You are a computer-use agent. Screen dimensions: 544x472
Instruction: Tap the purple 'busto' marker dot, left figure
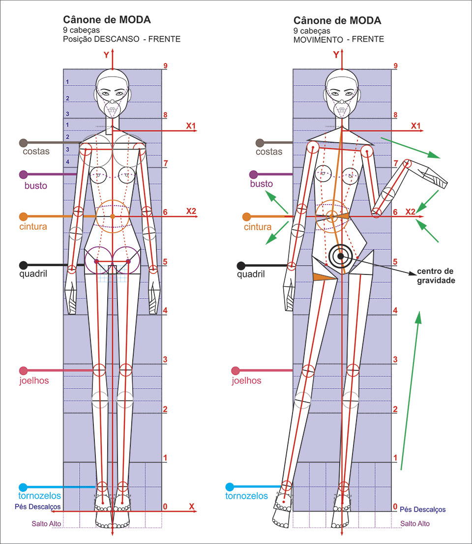pyautogui.click(x=23, y=175)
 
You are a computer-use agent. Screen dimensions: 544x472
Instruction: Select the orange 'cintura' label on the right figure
pyautogui.click(x=257, y=227)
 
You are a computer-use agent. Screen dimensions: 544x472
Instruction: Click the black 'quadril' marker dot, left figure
pyautogui.click(x=23, y=265)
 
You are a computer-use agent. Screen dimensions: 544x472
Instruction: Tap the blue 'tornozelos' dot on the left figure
pyautogui.click(x=23, y=487)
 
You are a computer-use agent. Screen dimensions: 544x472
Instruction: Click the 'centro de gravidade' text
pyautogui.click(x=436, y=276)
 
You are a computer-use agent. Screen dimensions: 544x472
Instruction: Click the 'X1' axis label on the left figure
pyautogui.click(x=191, y=126)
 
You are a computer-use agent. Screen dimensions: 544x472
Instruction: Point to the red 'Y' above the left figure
pyautogui.click(x=106, y=55)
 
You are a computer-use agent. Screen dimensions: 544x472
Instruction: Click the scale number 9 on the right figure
pyautogui.click(x=395, y=66)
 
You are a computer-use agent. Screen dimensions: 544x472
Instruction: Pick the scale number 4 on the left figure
pyautogui.click(x=166, y=310)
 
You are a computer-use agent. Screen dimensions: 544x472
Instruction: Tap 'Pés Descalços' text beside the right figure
pyautogui.click(x=422, y=510)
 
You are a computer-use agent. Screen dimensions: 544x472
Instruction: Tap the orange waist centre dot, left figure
pyautogui.click(x=113, y=216)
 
